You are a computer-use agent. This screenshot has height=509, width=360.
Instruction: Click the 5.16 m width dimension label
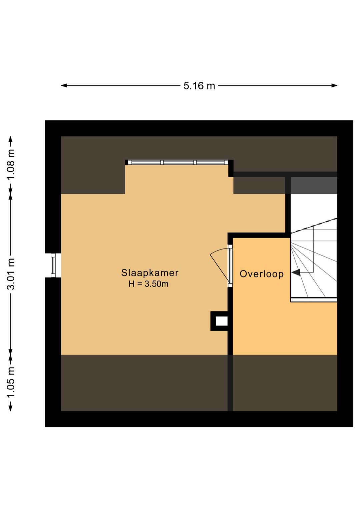pos(199,86)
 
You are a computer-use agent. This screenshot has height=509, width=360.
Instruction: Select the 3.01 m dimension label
pos(11,274)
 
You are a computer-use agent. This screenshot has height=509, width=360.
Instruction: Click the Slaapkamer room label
pos(150,273)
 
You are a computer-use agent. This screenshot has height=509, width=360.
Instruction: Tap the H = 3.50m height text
pos(149,284)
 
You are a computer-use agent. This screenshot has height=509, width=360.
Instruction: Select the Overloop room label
pos(262,274)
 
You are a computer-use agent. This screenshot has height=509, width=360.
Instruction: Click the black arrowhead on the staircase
pos(296,272)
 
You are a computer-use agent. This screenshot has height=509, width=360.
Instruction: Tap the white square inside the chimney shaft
pos(221,321)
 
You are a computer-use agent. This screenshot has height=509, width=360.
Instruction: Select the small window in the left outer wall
pos(53,265)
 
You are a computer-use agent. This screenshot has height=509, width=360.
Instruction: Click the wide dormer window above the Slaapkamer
pos(178,162)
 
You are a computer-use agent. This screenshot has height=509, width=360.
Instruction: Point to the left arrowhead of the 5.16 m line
pos(64,86)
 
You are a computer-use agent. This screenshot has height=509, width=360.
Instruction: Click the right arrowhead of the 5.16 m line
pos(334,86)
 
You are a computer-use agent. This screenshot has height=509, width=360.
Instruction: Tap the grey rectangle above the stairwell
pos(314,185)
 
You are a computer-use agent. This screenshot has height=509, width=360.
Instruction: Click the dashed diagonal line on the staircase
pos(314,225)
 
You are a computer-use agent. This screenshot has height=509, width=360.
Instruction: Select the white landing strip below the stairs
pos(314,300)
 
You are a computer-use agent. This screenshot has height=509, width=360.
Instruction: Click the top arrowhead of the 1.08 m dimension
pos(11,139)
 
